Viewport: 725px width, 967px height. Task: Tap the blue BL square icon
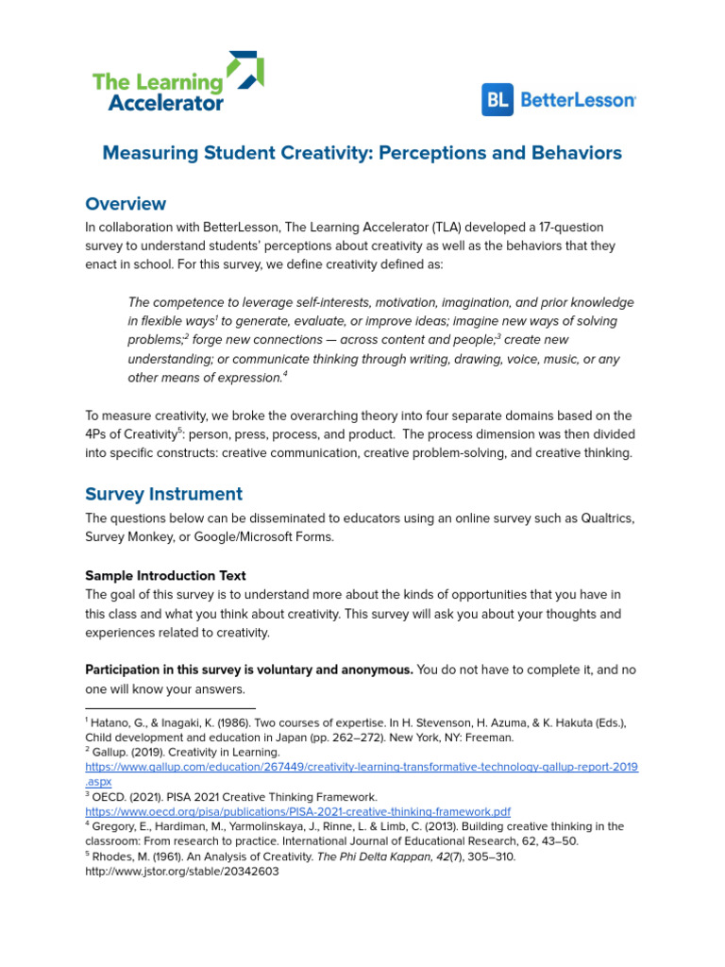click(x=497, y=100)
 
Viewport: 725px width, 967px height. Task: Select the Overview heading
click(x=126, y=204)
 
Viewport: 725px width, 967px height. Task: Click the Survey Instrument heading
click(x=163, y=494)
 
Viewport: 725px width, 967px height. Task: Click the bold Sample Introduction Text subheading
click(x=165, y=575)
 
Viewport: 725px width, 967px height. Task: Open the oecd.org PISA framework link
click(x=297, y=810)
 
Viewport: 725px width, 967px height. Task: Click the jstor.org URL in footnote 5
click(x=181, y=872)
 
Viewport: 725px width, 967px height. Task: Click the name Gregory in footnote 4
click(x=114, y=826)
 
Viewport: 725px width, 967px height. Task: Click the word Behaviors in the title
click(x=578, y=153)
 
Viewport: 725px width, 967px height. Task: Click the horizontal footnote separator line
click(x=170, y=707)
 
